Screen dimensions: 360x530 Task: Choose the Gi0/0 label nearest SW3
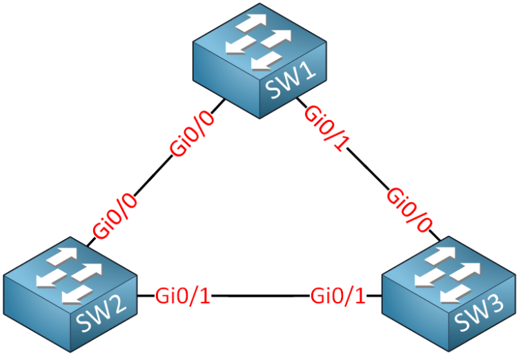410,209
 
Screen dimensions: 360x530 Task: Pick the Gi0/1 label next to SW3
338,297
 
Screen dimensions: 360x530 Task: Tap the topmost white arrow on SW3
441,255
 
